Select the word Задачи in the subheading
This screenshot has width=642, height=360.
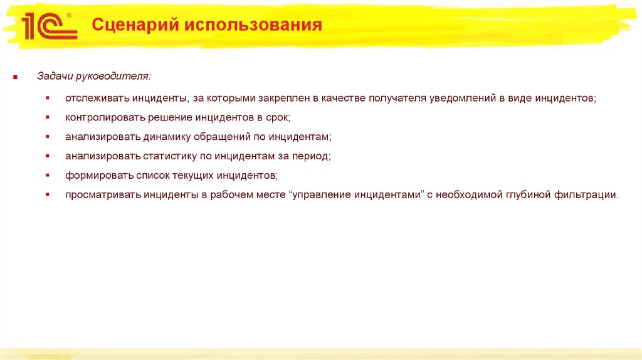55,77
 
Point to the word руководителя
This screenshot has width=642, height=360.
113,77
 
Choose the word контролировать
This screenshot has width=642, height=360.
103,118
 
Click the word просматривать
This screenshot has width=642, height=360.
101,194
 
